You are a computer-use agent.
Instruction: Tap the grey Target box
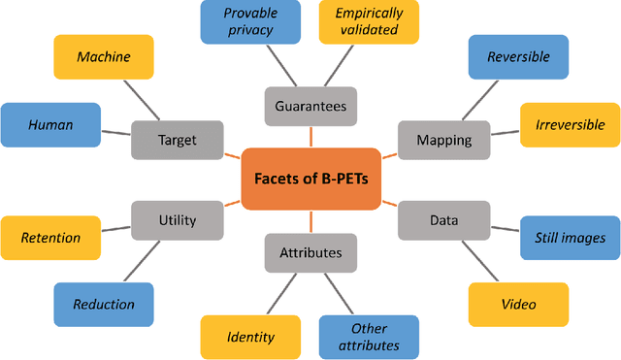(x=177, y=140)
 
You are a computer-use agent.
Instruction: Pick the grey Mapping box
(x=443, y=140)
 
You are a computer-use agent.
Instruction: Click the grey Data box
(x=443, y=220)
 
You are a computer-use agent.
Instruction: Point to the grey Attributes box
(x=310, y=252)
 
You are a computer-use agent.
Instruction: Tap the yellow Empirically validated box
(x=369, y=21)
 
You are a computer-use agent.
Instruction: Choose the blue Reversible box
(x=518, y=57)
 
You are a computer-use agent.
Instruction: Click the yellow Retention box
(x=50, y=238)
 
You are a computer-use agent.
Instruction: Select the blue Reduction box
(x=103, y=305)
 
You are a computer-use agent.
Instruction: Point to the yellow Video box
(x=518, y=305)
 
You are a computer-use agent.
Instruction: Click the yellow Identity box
(x=249, y=338)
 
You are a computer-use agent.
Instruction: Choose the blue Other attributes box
(x=369, y=337)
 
